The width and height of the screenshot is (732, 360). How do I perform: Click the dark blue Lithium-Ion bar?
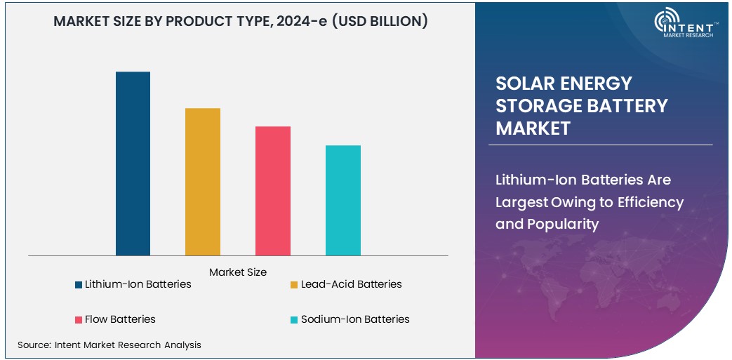(133, 164)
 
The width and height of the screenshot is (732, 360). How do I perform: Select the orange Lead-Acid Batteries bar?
(203, 182)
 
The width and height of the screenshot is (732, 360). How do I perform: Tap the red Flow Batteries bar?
(273, 191)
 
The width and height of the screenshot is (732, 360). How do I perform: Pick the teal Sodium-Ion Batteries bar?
(343, 200)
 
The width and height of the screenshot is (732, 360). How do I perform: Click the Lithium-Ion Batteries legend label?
(138, 284)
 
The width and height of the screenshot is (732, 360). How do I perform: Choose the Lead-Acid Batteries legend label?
(351, 284)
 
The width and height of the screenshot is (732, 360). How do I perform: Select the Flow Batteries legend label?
(120, 319)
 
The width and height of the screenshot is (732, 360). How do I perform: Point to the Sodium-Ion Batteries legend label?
(355, 319)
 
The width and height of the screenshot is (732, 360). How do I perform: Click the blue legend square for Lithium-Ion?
(79, 285)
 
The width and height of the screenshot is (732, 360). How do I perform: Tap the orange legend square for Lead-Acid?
(295, 285)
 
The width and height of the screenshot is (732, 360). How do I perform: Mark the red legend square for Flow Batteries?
(79, 320)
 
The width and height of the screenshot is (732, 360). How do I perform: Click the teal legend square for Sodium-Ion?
(295, 320)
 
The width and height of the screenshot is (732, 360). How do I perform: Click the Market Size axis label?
(238, 272)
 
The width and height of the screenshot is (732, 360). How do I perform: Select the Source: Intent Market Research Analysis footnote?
(109, 345)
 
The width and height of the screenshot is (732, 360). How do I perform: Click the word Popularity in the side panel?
(557, 225)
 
